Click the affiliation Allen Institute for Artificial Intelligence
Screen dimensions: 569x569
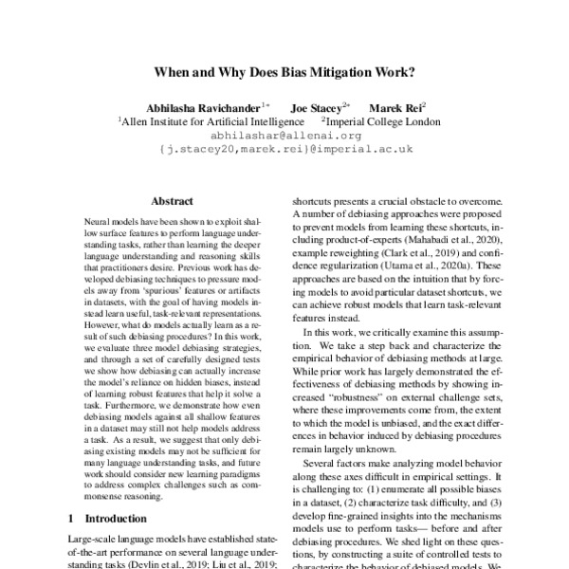click(211, 121)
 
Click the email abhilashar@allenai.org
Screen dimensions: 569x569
click(284, 136)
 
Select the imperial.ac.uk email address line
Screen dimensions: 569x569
click(284, 150)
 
